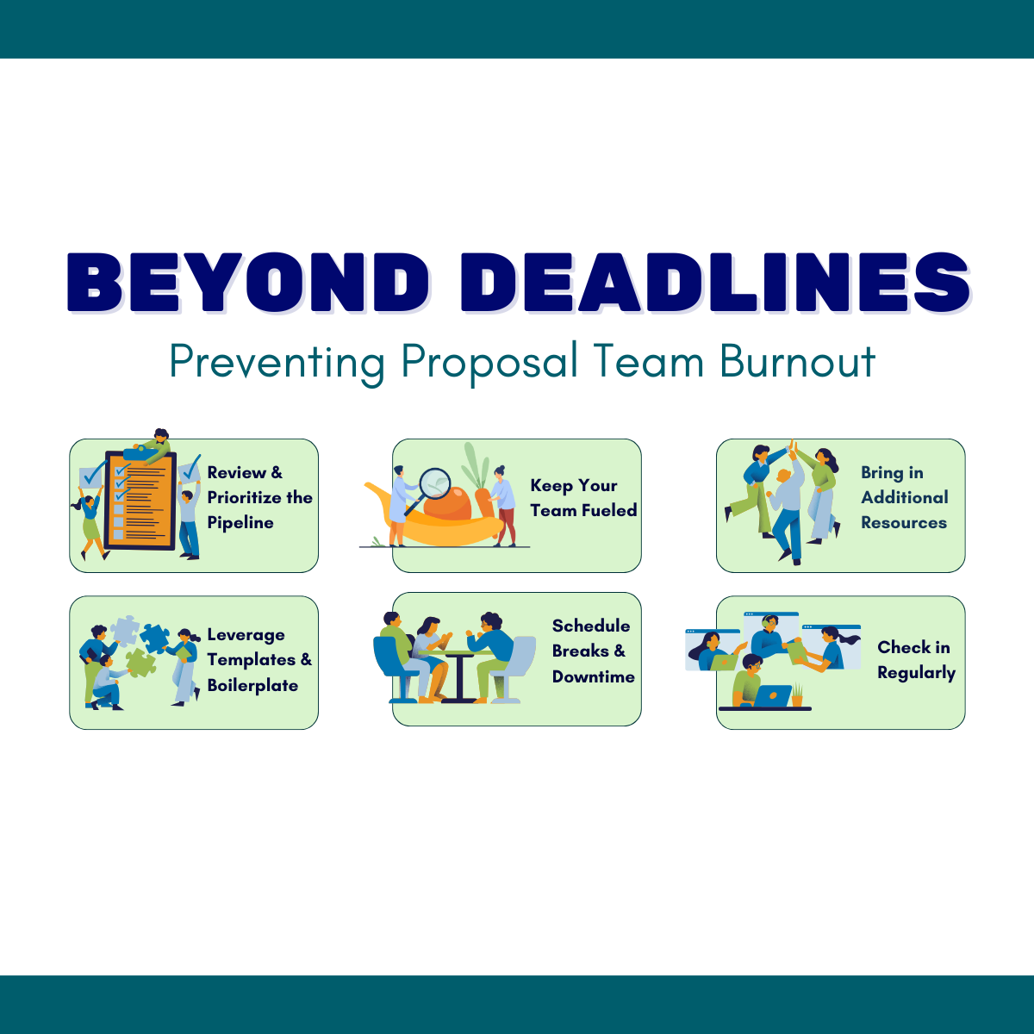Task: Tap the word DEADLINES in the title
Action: point(716,283)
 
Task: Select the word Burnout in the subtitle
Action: point(798,361)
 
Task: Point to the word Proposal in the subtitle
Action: point(489,363)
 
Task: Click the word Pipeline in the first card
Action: point(240,523)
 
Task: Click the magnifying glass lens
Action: point(435,483)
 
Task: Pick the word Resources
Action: point(904,523)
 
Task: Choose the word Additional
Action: point(905,497)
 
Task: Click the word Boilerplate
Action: point(252,686)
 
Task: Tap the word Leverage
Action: point(246,635)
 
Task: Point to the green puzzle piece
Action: point(139,662)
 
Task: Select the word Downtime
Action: point(594,677)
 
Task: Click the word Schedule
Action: point(591,626)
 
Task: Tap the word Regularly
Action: point(916,673)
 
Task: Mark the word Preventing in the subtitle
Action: point(277,363)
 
